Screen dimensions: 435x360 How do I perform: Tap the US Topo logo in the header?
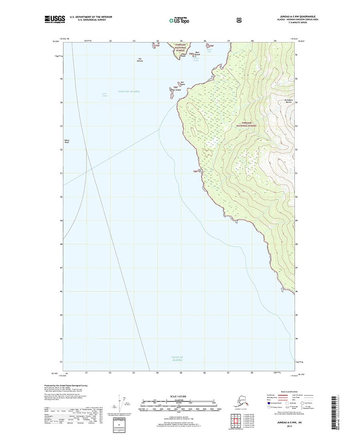[x=179, y=20]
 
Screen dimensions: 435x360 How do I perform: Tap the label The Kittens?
[x=140, y=60]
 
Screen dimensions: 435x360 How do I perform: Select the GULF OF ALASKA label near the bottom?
[x=177, y=358]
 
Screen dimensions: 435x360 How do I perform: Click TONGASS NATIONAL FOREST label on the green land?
[x=247, y=124]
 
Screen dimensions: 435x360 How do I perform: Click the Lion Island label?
[x=176, y=90]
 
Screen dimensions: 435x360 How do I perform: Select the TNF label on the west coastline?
[x=196, y=172]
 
